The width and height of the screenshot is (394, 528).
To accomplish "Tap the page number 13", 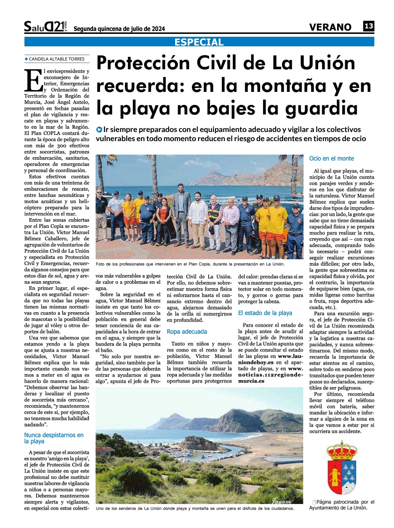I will click(368, 26).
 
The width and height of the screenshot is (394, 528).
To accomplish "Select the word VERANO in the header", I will click(330, 27).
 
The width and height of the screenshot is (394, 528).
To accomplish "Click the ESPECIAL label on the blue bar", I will click(199, 42).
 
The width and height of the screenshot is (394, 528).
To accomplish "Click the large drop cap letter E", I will click(33, 80).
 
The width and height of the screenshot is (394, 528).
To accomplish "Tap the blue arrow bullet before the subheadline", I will click(99, 129).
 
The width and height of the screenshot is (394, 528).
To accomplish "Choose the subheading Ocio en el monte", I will click(331, 159).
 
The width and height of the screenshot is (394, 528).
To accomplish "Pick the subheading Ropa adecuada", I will click(187, 332).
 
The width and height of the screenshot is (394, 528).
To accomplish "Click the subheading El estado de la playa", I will click(265, 313).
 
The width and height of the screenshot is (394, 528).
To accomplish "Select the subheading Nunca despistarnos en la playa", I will click(54, 438).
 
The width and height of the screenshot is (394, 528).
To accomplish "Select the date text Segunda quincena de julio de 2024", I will click(119, 29).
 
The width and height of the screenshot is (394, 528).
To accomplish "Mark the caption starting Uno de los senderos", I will click(194, 508).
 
